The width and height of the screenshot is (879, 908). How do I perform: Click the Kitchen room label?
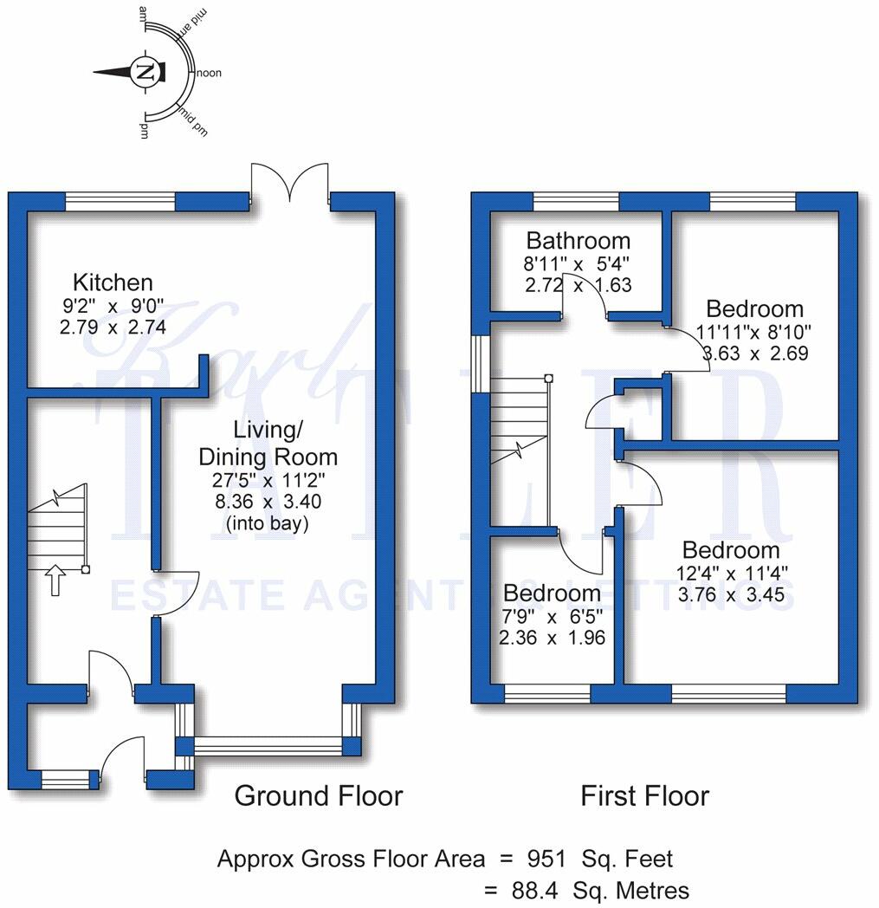tap(113, 282)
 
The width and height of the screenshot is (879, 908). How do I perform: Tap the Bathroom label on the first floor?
tap(578, 240)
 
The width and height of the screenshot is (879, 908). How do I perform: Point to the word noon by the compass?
tap(209, 73)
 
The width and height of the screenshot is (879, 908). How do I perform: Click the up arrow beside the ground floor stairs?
tap(55, 580)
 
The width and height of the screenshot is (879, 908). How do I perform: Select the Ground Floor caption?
tap(319, 795)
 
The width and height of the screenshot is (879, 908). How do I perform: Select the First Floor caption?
tap(644, 795)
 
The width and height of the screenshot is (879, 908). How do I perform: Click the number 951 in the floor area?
tap(546, 859)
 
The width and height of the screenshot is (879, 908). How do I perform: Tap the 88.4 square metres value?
tap(534, 890)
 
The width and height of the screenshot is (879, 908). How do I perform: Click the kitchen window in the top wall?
tap(120, 202)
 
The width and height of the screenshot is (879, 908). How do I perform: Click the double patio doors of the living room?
tap(290, 183)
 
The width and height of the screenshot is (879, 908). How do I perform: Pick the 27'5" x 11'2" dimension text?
tap(268, 479)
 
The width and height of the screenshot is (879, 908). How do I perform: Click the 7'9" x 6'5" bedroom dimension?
tap(552, 615)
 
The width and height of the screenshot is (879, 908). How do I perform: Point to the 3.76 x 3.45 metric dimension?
tap(732, 594)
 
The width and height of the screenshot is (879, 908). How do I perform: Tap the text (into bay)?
tap(268, 523)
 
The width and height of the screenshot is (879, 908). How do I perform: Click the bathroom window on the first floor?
tap(576, 202)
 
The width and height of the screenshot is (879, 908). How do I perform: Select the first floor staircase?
tap(519, 451)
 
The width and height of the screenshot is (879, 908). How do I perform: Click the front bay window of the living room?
tap(268, 744)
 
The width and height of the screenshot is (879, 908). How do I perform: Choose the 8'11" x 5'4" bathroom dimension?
tap(577, 264)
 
